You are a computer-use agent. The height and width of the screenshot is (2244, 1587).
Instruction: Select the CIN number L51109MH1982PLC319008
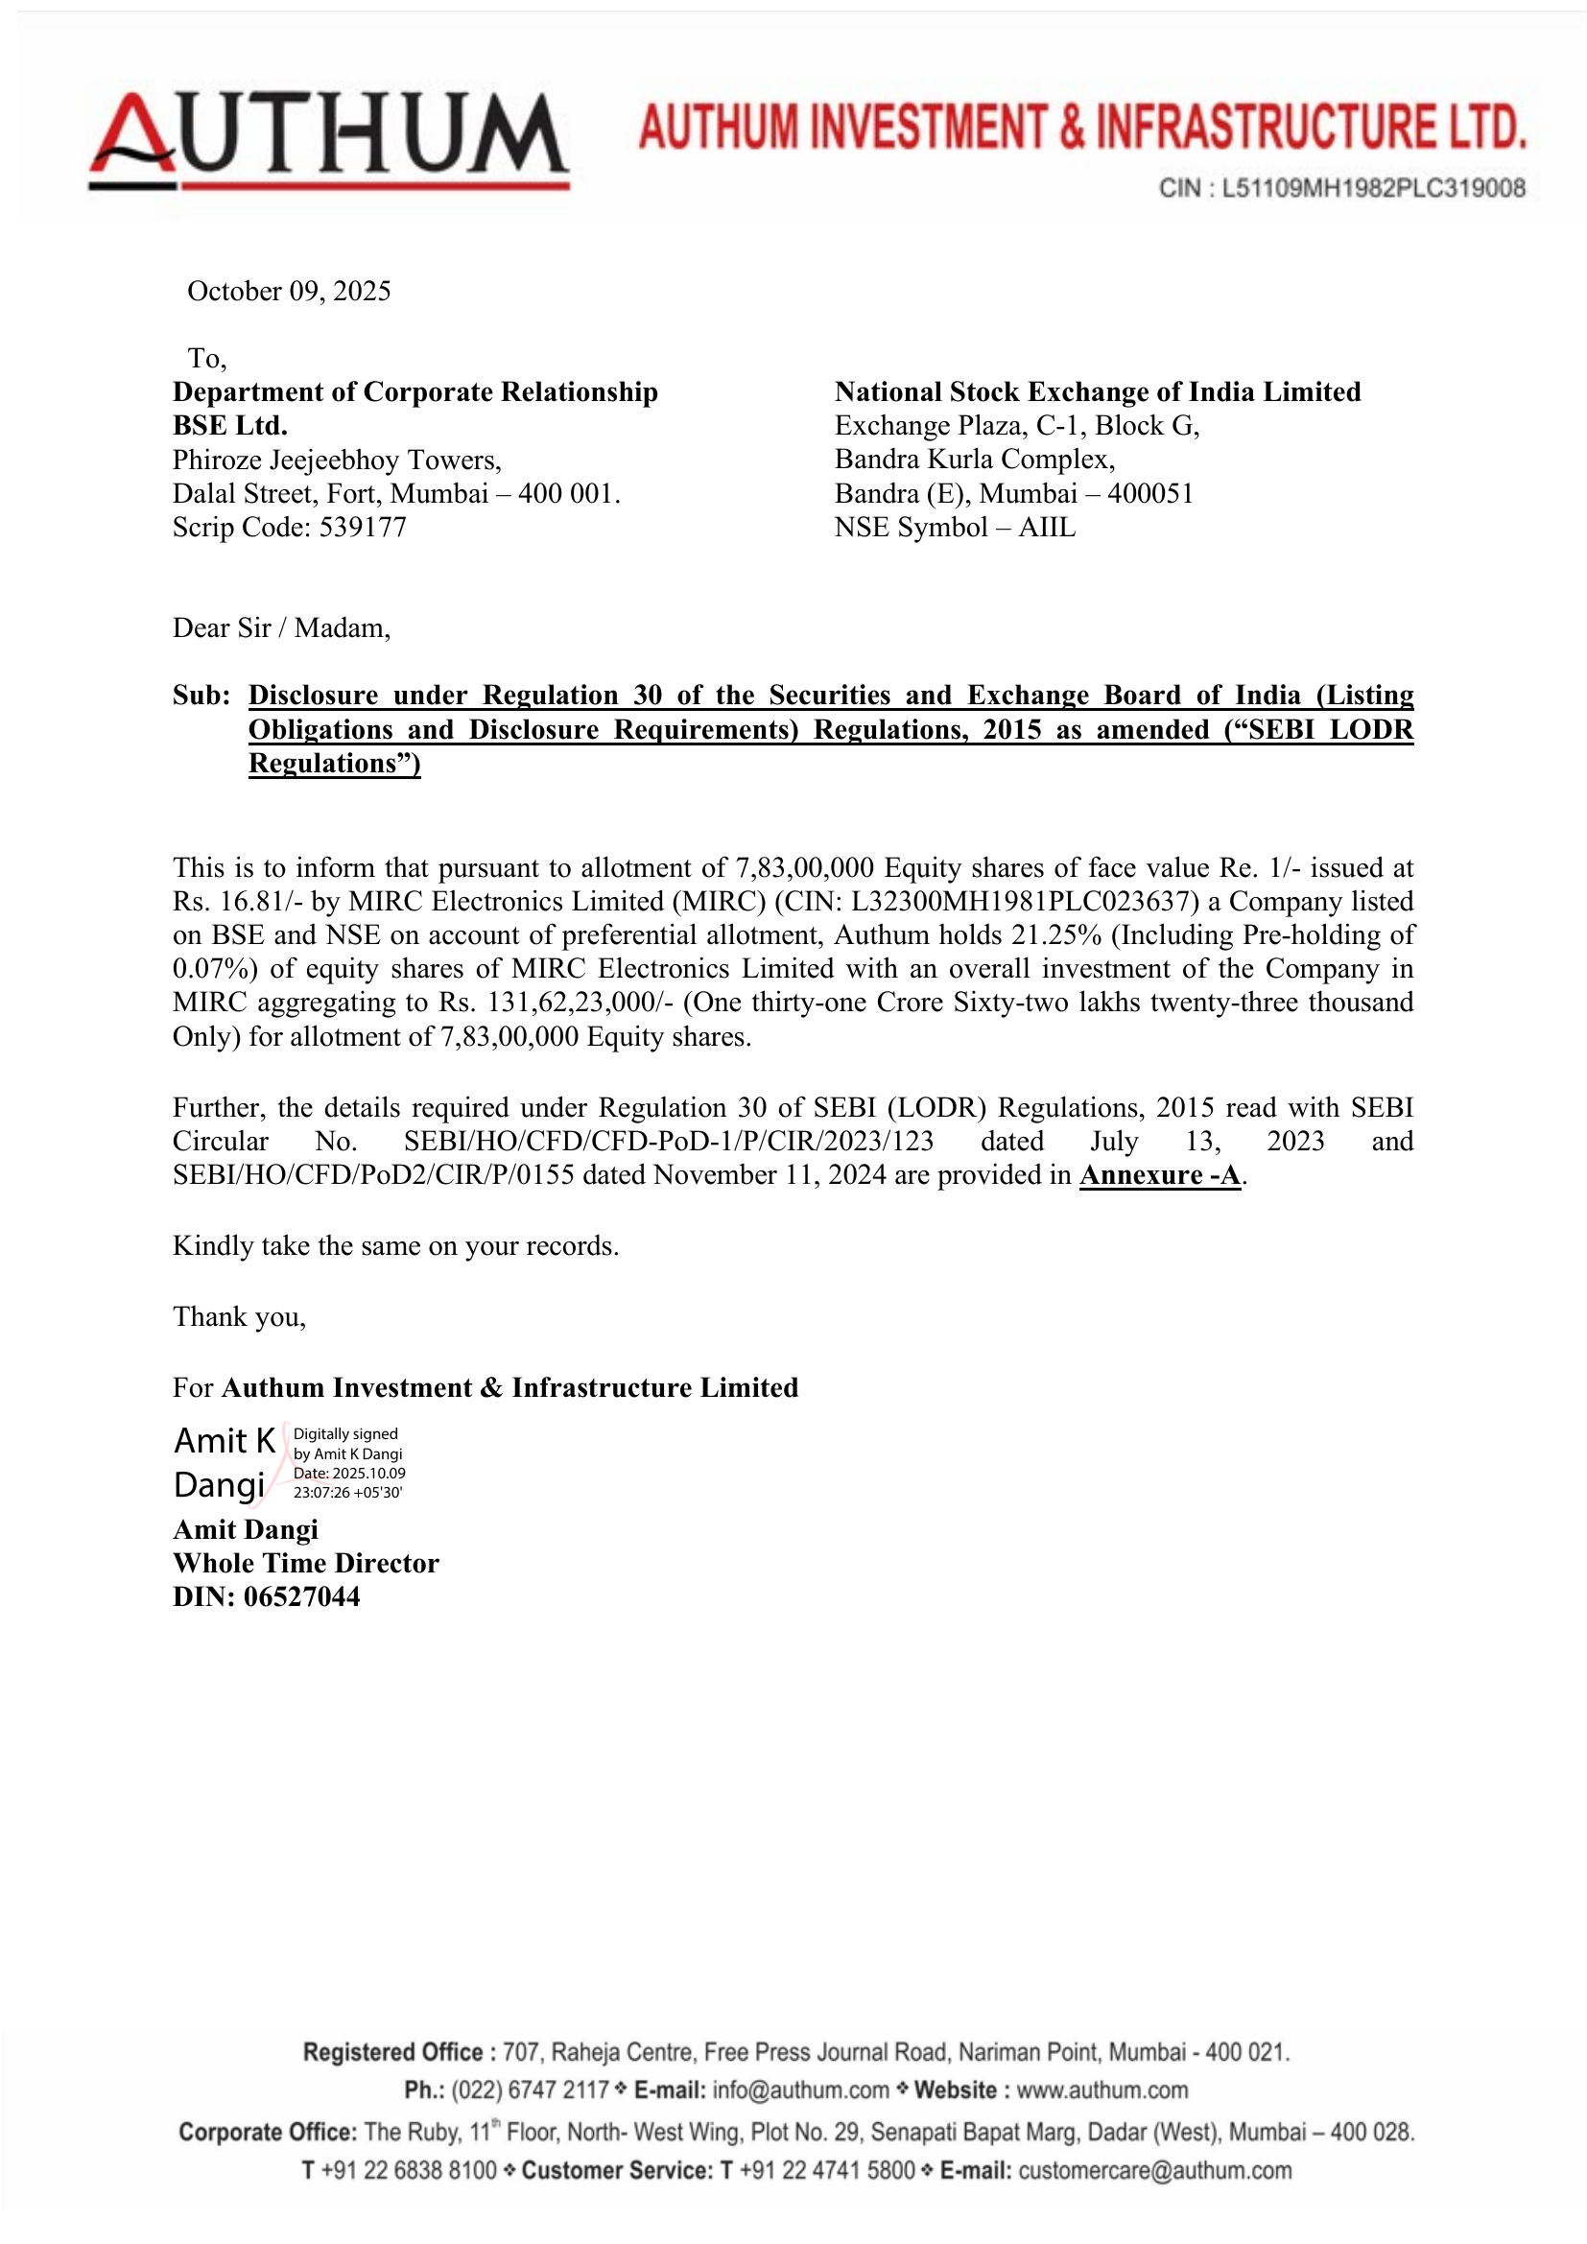pos(1373,188)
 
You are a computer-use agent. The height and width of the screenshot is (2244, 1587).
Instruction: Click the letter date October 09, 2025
pos(289,292)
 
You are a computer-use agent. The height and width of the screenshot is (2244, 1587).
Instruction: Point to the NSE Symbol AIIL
pos(1047,528)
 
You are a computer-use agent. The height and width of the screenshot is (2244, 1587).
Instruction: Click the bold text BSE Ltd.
pos(230,426)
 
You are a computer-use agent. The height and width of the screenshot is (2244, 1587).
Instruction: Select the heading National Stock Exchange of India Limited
pos(1097,392)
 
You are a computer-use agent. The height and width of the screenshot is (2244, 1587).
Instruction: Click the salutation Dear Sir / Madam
pos(281,627)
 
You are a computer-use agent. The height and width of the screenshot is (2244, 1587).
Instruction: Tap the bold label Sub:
pos(201,696)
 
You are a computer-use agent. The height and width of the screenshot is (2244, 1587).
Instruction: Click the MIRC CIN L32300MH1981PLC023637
pos(1024,901)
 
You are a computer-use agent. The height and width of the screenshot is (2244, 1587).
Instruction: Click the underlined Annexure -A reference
pos(1160,1175)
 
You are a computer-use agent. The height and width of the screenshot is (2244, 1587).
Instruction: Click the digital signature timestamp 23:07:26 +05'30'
pos(348,1493)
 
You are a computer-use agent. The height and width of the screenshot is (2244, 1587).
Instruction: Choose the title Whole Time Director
pos(306,1563)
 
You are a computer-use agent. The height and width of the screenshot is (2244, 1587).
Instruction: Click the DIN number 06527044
pos(302,1597)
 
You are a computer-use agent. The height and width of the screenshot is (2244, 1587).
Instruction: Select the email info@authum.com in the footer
pos(800,2090)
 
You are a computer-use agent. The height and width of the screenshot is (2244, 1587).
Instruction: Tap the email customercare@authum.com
pos(1154,2171)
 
